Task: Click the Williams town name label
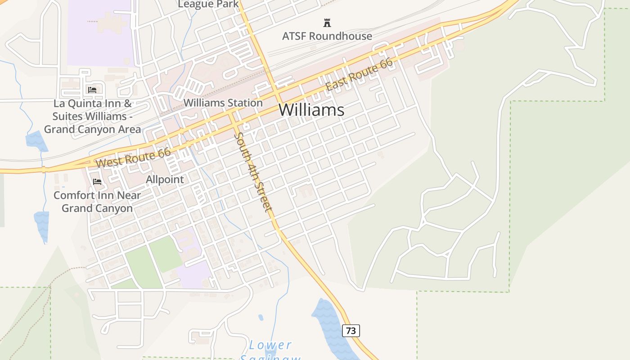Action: [311, 110]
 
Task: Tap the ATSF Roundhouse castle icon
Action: [327, 23]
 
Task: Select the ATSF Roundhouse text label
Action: [327, 36]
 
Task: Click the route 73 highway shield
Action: [351, 331]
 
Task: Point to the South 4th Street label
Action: [253, 172]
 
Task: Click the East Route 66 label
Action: [359, 75]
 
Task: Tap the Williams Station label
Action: [223, 103]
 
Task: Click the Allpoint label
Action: [165, 180]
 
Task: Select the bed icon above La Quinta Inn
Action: [92, 90]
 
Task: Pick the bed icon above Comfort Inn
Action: [97, 182]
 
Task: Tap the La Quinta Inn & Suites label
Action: [92, 116]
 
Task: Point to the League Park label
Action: [208, 4]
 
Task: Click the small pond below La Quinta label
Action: [36, 141]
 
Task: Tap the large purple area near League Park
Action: [100, 34]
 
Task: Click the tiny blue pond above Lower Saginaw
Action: [261, 317]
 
